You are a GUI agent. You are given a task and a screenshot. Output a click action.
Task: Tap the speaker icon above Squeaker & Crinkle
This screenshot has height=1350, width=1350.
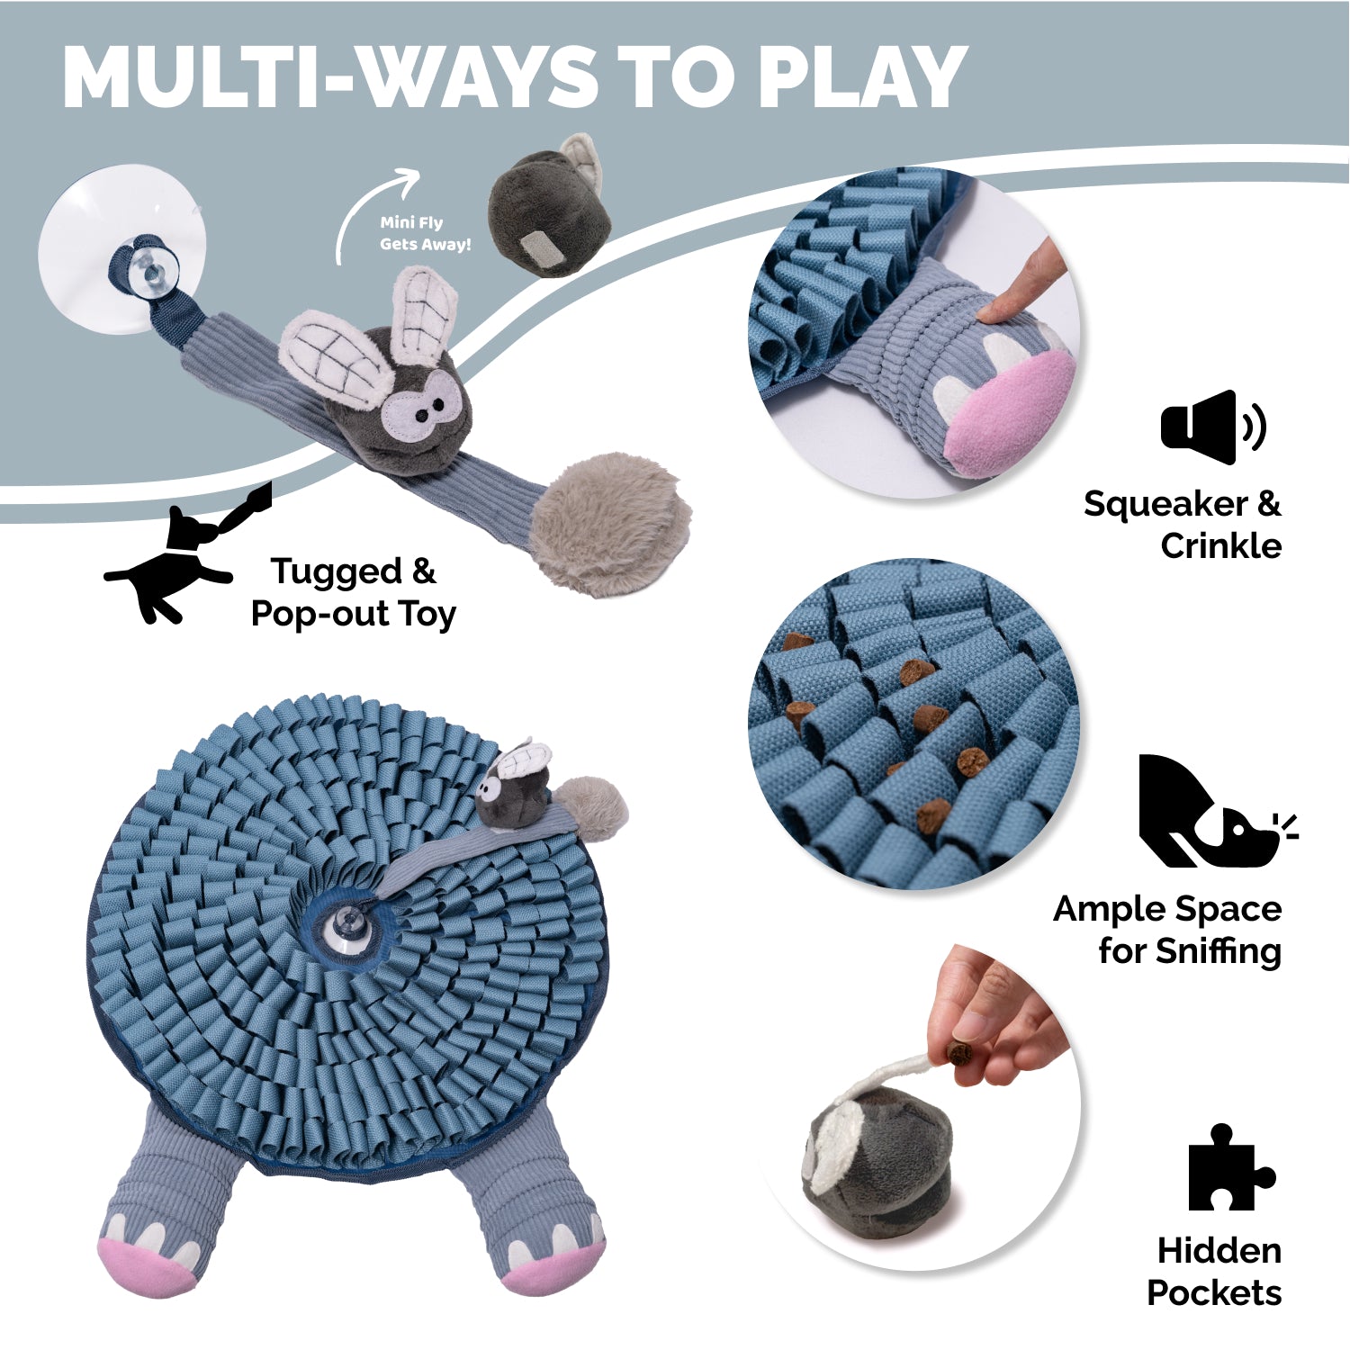1211,427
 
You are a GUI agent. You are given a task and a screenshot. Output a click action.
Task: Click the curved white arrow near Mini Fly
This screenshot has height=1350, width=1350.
373,212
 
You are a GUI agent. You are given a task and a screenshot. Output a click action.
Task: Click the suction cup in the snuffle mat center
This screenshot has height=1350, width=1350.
346,922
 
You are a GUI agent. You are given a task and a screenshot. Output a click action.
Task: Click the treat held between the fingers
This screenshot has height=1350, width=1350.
960,1052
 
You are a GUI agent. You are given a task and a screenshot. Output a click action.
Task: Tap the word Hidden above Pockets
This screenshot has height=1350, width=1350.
1219,1251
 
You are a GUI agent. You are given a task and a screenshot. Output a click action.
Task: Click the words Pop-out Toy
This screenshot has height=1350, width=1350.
353,614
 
